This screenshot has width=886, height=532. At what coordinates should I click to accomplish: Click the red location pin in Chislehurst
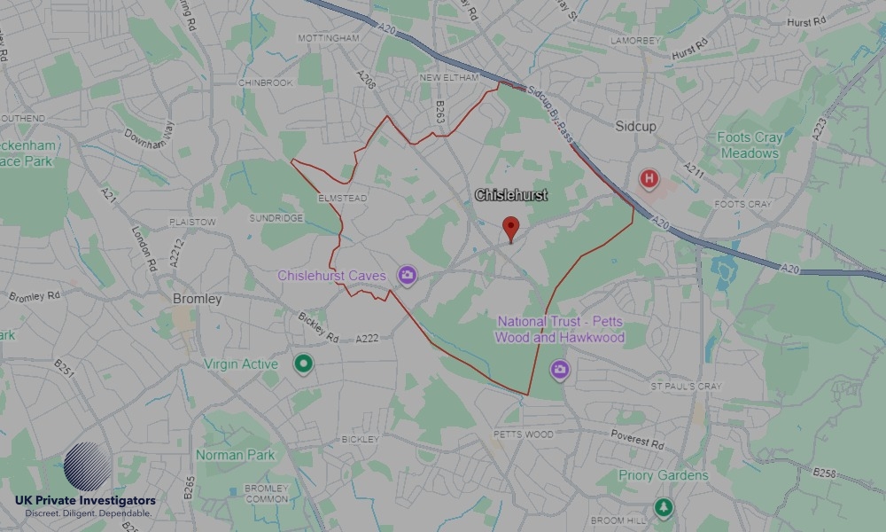click(x=510, y=228)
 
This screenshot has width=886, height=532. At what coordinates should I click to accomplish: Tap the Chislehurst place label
click(x=511, y=195)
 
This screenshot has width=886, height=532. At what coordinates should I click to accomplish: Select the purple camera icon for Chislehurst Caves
click(x=407, y=276)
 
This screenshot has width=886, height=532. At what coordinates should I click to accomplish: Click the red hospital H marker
click(x=649, y=180)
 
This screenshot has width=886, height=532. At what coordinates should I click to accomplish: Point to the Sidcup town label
click(x=635, y=127)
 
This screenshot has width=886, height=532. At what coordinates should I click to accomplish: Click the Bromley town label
click(x=197, y=299)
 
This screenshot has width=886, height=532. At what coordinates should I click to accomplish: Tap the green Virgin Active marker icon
click(x=304, y=364)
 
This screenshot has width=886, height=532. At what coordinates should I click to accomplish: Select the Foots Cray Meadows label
click(x=750, y=145)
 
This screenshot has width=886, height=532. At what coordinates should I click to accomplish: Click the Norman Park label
click(x=236, y=455)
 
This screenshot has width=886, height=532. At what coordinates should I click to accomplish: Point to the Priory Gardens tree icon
click(x=663, y=508)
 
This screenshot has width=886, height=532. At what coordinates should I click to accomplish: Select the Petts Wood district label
click(x=523, y=434)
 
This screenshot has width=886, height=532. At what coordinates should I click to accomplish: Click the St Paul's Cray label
click(x=686, y=387)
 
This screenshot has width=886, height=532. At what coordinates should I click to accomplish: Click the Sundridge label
click(x=276, y=217)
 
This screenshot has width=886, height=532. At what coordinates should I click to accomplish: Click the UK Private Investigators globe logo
click(x=88, y=467)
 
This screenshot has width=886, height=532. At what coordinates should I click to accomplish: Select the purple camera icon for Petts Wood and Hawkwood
click(x=558, y=368)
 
